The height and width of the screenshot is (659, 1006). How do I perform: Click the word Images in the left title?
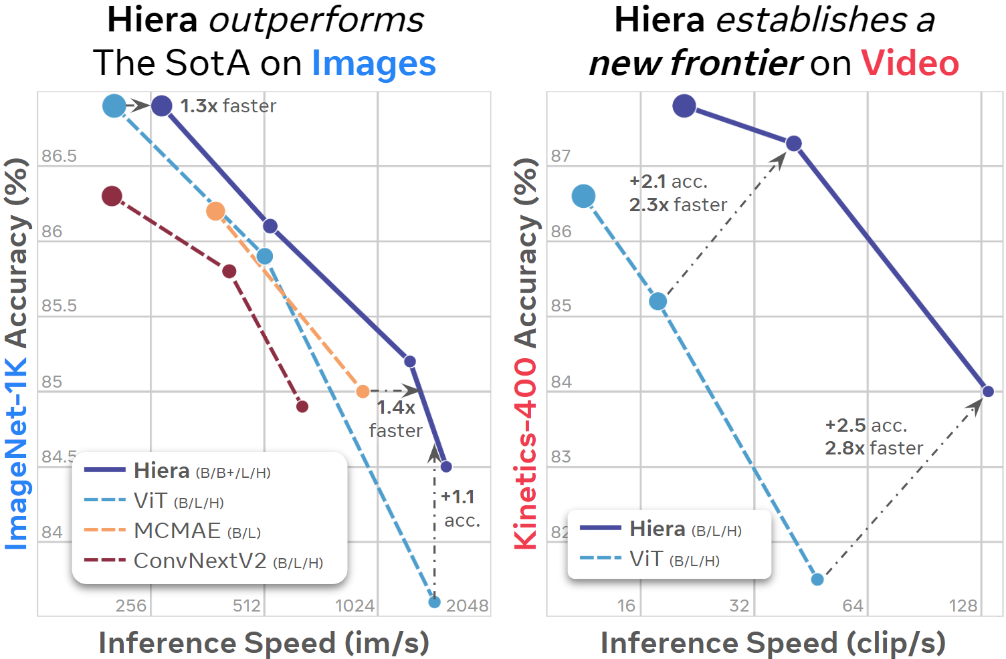coord(373,64)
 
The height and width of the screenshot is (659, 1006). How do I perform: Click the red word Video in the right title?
coord(910,63)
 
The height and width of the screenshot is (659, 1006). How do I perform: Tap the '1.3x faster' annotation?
coord(228,106)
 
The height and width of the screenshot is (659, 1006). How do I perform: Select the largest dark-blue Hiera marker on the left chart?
coord(161,106)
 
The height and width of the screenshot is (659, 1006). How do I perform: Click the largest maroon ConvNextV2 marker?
coord(112,196)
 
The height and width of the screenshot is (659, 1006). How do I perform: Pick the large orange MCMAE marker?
coord(215,211)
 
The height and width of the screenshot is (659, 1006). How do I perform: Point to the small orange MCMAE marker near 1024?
coord(363,391)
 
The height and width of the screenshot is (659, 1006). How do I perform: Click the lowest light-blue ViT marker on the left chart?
coord(434,602)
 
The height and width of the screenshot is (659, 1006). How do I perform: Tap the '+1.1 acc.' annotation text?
coord(460,509)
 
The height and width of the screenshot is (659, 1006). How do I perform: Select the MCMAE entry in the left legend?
coord(197,531)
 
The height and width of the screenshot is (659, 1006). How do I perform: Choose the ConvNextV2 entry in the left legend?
coord(227,561)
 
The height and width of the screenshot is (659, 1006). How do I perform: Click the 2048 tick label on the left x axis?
coord(467,606)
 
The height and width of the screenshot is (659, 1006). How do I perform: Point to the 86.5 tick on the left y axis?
coord(59,156)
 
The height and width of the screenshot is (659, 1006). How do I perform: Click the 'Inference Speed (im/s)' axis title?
coord(264,642)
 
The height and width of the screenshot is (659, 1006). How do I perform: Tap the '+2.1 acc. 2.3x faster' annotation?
coord(677,193)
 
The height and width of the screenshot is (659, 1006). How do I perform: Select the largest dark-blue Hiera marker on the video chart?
coord(684,106)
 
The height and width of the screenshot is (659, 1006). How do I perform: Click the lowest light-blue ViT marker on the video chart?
coord(817,579)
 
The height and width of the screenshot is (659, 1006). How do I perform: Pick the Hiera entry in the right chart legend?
coord(685,529)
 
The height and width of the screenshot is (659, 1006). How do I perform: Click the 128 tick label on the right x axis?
coord(963,606)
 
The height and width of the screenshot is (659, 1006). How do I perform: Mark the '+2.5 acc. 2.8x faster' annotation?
coord(873,436)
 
